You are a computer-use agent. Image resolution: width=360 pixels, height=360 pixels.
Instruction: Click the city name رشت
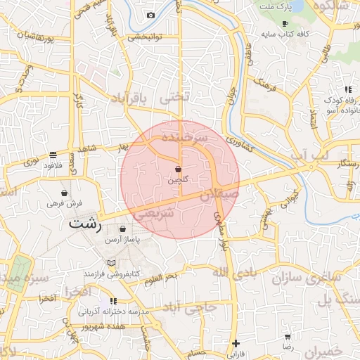(86, 226)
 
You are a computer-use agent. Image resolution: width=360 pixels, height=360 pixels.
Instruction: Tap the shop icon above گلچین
(178, 169)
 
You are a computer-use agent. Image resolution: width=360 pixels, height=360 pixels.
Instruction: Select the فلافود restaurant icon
(53, 155)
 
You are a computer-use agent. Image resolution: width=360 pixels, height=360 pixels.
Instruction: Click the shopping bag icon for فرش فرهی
(65, 193)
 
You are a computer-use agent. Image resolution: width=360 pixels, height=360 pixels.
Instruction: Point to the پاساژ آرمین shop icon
(123, 229)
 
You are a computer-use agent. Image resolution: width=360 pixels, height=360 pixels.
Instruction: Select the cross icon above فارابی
(236, 343)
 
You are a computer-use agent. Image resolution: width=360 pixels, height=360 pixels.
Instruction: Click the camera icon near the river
(150, 15)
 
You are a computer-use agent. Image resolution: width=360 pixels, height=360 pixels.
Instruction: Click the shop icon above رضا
(288, 336)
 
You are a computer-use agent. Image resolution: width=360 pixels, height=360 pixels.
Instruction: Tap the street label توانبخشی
(143, 37)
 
